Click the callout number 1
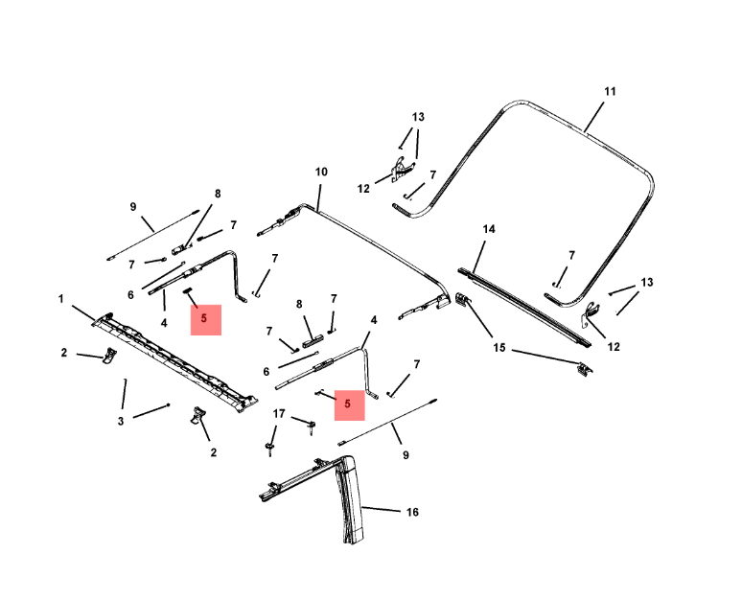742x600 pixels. pyautogui.click(x=60, y=299)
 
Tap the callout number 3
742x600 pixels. pyautogui.click(x=121, y=421)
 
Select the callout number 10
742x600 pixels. pyautogui.click(x=321, y=172)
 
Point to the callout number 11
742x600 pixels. pyautogui.click(x=611, y=91)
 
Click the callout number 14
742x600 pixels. pyautogui.click(x=489, y=229)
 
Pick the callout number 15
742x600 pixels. pyautogui.click(x=499, y=348)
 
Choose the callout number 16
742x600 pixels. pyautogui.click(x=412, y=512)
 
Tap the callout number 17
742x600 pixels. pyautogui.click(x=279, y=413)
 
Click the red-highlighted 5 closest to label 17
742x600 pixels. pyautogui.click(x=349, y=405)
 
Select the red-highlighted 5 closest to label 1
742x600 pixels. pyautogui.click(x=206, y=320)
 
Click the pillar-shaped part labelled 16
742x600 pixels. pyautogui.click(x=353, y=501)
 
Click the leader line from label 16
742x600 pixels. pyautogui.click(x=382, y=509)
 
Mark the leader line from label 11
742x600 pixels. pyautogui.click(x=594, y=117)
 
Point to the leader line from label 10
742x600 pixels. pyautogui.click(x=320, y=196)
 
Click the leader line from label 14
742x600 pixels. pyautogui.click(x=479, y=256)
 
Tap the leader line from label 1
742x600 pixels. pyautogui.click(x=83, y=312)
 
